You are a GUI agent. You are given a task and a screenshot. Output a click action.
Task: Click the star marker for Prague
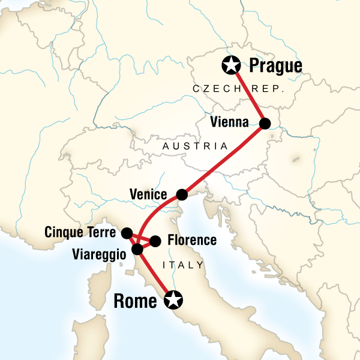click(230, 64)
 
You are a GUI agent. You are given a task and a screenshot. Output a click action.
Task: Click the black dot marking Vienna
click(265, 124)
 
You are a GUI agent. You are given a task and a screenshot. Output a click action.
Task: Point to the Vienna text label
click(230, 123)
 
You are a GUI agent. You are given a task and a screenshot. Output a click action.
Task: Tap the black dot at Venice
click(181, 195)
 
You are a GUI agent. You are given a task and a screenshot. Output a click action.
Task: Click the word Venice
click(150, 194)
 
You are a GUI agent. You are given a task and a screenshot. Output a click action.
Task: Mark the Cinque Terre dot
click(127, 232)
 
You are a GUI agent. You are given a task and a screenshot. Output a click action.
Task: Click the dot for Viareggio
click(137, 248)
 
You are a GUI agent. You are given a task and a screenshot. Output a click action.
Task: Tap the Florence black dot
click(155, 241)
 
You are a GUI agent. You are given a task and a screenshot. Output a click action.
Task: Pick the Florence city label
click(191, 241)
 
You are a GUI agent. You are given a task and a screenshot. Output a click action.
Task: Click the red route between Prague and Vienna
click(248, 95)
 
